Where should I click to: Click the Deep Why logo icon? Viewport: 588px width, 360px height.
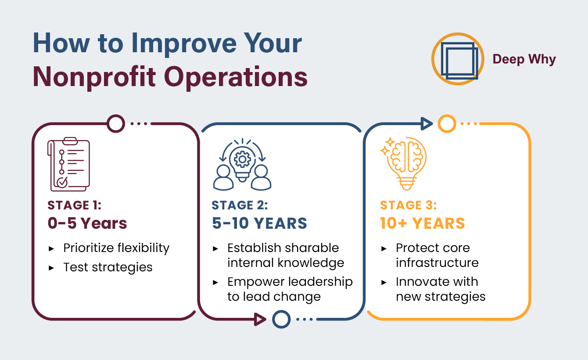(x=458, y=59)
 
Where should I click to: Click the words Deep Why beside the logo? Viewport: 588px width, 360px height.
(x=524, y=59)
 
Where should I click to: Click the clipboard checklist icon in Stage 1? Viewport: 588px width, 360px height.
(x=68, y=164)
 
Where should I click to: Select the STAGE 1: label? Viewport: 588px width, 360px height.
(x=75, y=205)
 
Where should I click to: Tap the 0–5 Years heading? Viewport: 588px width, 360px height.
(x=87, y=223)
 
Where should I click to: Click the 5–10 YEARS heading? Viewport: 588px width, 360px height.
(x=259, y=223)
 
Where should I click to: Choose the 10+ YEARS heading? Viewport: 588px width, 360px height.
(x=422, y=223)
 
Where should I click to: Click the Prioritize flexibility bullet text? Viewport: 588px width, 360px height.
(x=116, y=248)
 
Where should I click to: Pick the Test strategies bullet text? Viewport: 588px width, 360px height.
(x=108, y=267)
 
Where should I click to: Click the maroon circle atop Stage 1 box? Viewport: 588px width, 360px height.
(x=116, y=123)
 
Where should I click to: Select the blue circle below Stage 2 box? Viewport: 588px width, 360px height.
(x=281, y=319)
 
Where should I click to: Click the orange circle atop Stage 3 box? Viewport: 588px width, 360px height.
(x=447, y=123)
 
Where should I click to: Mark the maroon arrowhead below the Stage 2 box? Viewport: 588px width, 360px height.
(x=260, y=319)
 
